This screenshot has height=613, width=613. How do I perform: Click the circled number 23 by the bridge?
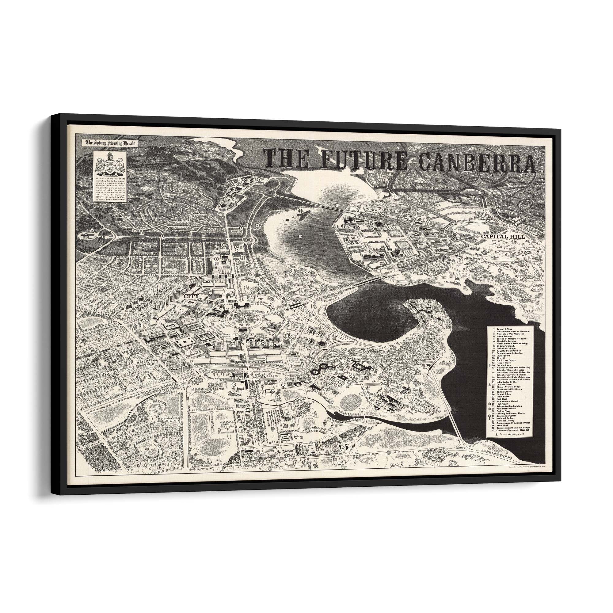[x=337, y=206]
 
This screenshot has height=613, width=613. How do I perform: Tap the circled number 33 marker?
[x=439, y=237]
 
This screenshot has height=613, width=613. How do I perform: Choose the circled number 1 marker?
[x=259, y=179]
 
